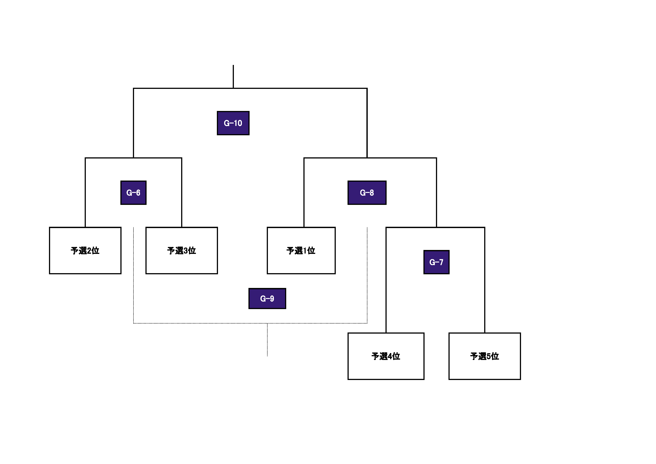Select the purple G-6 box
point(133,193)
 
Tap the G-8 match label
point(367,193)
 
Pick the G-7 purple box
point(436,262)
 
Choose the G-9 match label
point(267,298)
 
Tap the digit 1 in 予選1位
point(305,251)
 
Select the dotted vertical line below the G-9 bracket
point(267,340)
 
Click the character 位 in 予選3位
point(192,251)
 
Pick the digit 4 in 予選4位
point(390,356)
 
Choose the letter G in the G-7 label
point(432,262)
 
